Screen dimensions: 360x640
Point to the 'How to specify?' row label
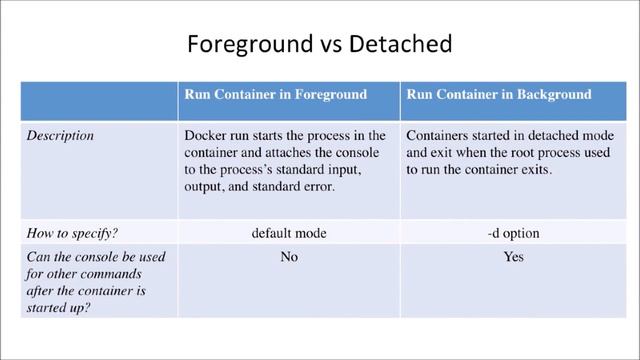[x=66, y=233]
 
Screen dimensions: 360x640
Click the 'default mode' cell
[x=289, y=233]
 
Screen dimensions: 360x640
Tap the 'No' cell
[x=289, y=256]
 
